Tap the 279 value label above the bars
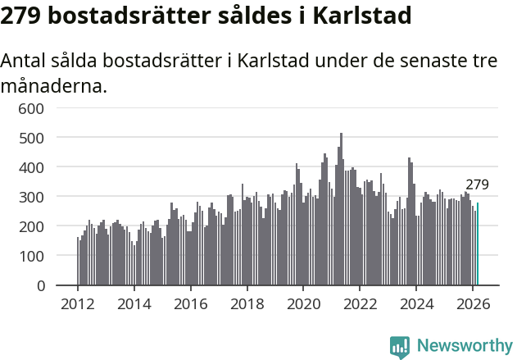coord(477,185)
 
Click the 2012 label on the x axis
coord(78,303)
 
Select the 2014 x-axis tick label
coord(134,303)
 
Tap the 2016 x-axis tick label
coord(191,303)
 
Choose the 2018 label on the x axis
coord(247,303)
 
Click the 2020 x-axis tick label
coord(303,303)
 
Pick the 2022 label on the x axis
coord(360,303)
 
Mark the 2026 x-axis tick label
coord(473,303)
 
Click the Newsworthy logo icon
coord(400,347)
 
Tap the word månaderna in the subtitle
coord(54,84)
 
